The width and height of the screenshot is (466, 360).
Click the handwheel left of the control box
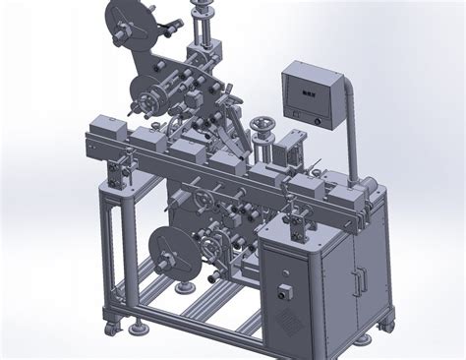tap(262, 126)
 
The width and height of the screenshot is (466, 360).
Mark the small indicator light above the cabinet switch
tap(283, 270)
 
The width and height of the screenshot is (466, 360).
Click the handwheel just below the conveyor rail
tap(202, 204)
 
